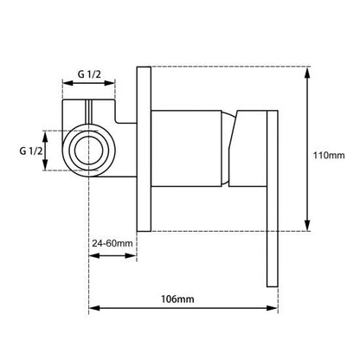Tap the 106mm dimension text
[178, 299]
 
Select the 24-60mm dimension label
[112, 244]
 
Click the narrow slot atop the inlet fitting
[87, 115]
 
